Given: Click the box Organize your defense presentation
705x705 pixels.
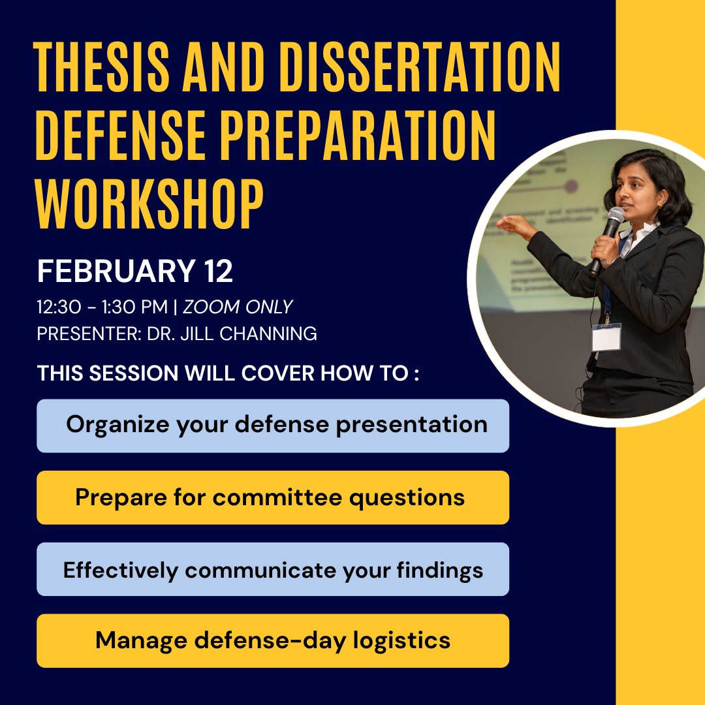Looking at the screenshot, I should pyautogui.click(x=273, y=426).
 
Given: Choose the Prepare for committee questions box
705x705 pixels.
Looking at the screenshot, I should pyautogui.click(x=273, y=497).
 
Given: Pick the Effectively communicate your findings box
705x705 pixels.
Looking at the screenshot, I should pyautogui.click(x=273, y=569).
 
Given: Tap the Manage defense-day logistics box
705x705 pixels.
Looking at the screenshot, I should pyautogui.click(x=273, y=640).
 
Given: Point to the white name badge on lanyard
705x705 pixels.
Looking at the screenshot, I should pyautogui.click(x=606, y=337).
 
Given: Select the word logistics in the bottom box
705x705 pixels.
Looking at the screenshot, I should pyautogui.click(x=401, y=640).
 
